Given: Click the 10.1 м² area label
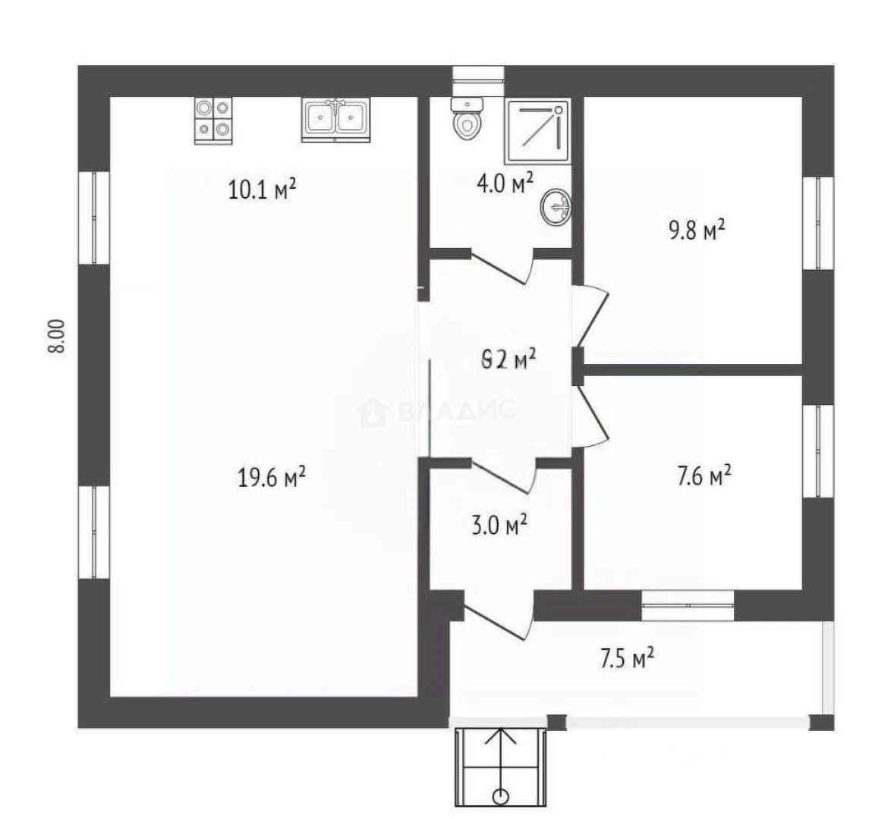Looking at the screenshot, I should click(x=261, y=189).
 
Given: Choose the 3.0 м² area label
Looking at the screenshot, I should click(x=499, y=525).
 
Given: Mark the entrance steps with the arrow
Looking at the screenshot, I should click(x=500, y=766).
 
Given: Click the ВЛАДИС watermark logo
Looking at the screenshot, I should click(x=436, y=411).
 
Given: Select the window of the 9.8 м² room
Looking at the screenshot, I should click(x=818, y=222).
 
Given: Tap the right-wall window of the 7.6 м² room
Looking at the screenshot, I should click(x=818, y=450).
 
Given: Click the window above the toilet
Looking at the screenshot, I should click(x=478, y=74).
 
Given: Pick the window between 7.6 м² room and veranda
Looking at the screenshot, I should click(x=688, y=605).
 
